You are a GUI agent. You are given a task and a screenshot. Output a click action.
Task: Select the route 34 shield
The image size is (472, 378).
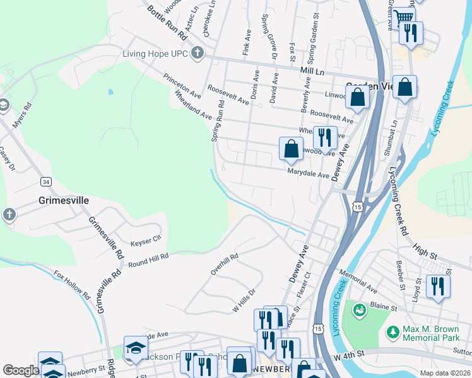coord(46,182)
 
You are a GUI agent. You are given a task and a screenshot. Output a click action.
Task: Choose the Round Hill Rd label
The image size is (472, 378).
coord(146,259)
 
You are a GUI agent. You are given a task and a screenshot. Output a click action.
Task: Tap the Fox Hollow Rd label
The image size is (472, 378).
coord(73,285)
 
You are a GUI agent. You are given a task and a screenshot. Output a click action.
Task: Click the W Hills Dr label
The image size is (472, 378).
coord(243,301)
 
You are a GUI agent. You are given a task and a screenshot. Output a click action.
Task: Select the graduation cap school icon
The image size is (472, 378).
coord(135,348)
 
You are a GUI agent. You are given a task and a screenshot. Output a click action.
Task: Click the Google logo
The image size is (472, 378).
coord(21,371)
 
